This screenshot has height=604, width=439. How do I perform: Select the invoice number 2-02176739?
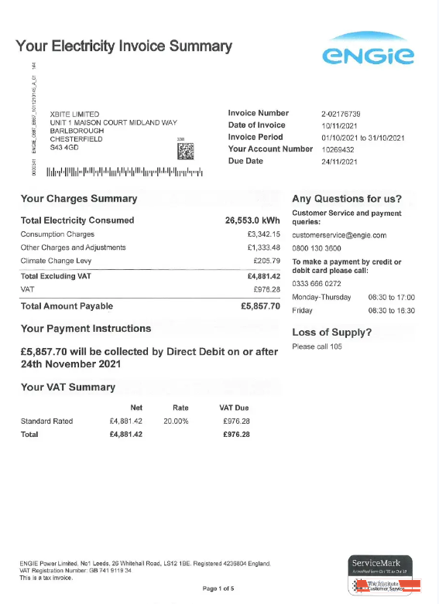pyautogui.click(x=341, y=114)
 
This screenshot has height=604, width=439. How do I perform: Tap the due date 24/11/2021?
pyautogui.click(x=339, y=162)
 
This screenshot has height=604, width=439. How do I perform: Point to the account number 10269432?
pyautogui.click(x=338, y=149)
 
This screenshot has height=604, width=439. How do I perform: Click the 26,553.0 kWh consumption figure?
pyautogui.click(x=252, y=220)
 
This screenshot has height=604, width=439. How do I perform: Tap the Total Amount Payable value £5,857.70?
pyautogui.click(x=260, y=306)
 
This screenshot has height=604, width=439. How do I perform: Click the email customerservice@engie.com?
pyautogui.click(x=339, y=235)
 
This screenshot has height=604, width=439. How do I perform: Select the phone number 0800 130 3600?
pyautogui.click(x=317, y=247)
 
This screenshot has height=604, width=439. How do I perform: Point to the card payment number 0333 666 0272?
pyautogui.click(x=317, y=284)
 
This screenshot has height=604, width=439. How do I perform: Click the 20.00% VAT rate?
pyautogui.click(x=175, y=421)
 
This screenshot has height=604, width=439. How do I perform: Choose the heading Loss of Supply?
pyautogui.click(x=331, y=333)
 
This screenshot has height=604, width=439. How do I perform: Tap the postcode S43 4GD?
pyautogui.click(x=65, y=146)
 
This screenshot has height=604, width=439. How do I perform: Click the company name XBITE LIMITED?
pyautogui.click(x=74, y=114)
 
